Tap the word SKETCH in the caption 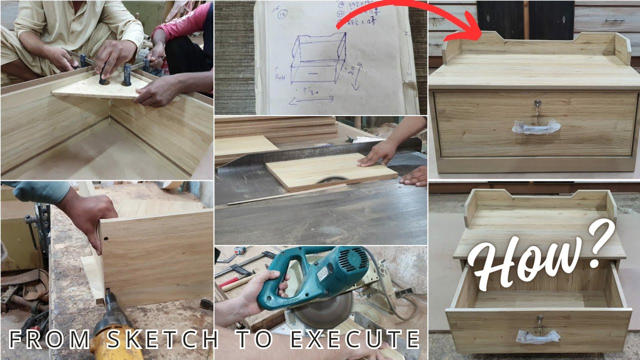[162, 339]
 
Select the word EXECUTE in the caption [355, 339]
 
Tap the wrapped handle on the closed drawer [535, 127]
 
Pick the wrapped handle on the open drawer [538, 336]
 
